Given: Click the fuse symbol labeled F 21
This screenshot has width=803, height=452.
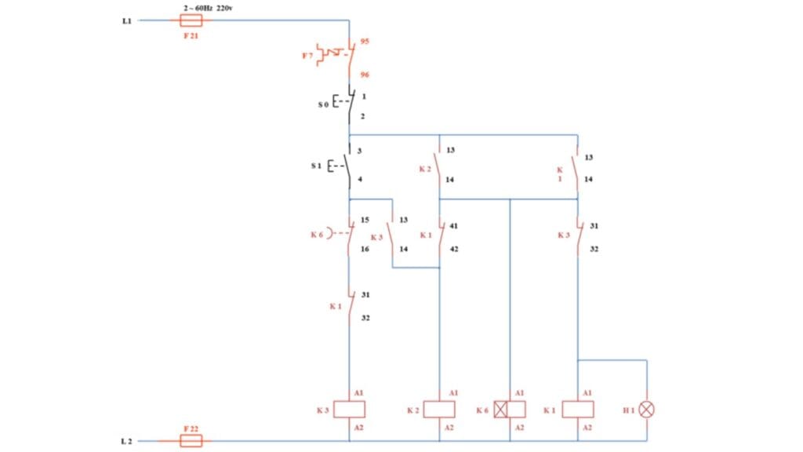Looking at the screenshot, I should pyautogui.click(x=191, y=20).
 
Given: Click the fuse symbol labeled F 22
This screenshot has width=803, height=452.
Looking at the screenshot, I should pyautogui.click(x=191, y=441).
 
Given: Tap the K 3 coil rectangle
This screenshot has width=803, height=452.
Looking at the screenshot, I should pyautogui.click(x=349, y=410).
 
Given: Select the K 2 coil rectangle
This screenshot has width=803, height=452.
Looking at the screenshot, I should pyautogui.click(x=439, y=410).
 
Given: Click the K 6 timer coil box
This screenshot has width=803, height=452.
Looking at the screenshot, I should pyautogui.click(x=510, y=410).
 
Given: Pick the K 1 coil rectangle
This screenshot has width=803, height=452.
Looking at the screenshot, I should pyautogui.click(x=578, y=410).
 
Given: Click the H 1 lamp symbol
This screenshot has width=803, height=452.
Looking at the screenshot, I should pyautogui.click(x=647, y=410).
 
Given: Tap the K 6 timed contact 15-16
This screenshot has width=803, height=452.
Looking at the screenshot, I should pyautogui.click(x=349, y=234).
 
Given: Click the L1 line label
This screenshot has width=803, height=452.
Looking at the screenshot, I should pyautogui.click(x=126, y=21).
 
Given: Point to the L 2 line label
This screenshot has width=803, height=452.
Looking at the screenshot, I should pyautogui.click(x=126, y=442).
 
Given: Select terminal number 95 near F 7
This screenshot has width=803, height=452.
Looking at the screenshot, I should pyautogui.click(x=365, y=42).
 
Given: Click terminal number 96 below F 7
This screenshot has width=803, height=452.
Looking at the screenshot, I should pyautogui.click(x=365, y=75).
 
